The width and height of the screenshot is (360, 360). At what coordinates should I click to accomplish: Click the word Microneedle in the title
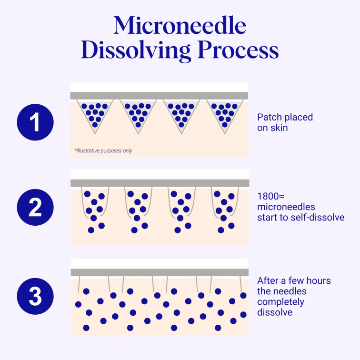pyautogui.click(x=180, y=26)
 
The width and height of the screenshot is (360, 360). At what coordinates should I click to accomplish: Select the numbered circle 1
pyautogui.click(x=35, y=122)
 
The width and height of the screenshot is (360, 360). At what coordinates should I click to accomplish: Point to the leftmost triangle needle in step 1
pyautogui.click(x=93, y=114)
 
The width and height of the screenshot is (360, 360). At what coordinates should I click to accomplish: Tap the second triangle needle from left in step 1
pyautogui.click(x=137, y=114)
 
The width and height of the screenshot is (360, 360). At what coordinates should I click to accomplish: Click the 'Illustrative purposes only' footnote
pyautogui.click(x=103, y=150)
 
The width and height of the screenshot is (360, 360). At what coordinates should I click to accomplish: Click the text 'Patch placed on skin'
pyautogui.click(x=285, y=122)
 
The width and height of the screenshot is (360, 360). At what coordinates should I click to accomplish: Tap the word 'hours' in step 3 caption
pyautogui.click(x=317, y=280)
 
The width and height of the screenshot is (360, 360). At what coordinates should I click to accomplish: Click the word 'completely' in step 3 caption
pyautogui.click(x=281, y=302)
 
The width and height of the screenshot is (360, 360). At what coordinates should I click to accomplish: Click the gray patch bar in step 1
pyautogui.click(x=159, y=96)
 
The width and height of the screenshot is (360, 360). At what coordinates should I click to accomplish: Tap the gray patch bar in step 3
pyautogui.click(x=159, y=272)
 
